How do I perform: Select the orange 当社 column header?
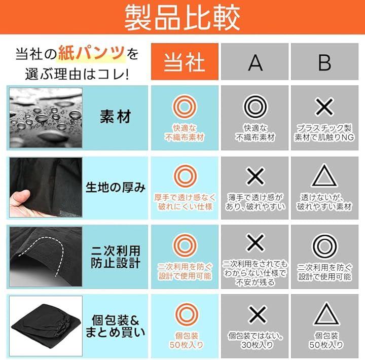point(185,62)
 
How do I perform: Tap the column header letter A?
point(255,63)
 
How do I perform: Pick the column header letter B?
point(324,63)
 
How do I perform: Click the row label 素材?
point(116,116)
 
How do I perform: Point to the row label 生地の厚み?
point(116,187)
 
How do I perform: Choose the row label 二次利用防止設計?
point(116,257)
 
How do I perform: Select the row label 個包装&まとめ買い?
point(116,326)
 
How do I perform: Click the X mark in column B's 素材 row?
point(324,107)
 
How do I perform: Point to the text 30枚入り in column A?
point(257,345)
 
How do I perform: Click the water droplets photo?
point(46,118)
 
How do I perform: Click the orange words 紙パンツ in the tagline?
point(91,54)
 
